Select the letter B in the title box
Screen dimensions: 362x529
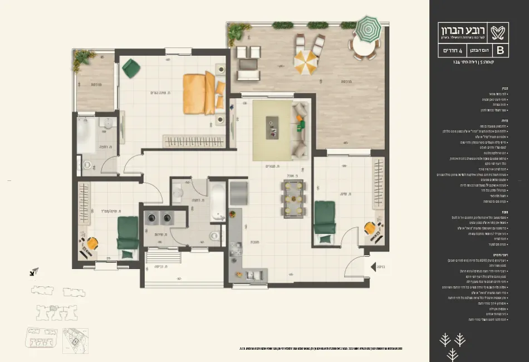click(499, 50)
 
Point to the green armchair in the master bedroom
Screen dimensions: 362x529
click(132, 68)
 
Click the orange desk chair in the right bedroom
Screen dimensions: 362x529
click(370, 228)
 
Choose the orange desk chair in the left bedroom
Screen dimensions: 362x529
click(91, 243)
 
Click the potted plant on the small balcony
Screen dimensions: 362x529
click(84, 56)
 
